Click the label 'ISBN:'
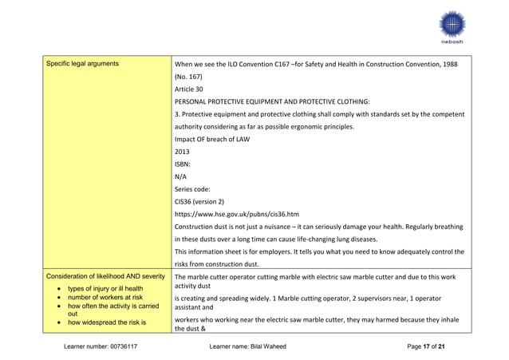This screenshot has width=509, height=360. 183,164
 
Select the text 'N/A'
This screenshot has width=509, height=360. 180,176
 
